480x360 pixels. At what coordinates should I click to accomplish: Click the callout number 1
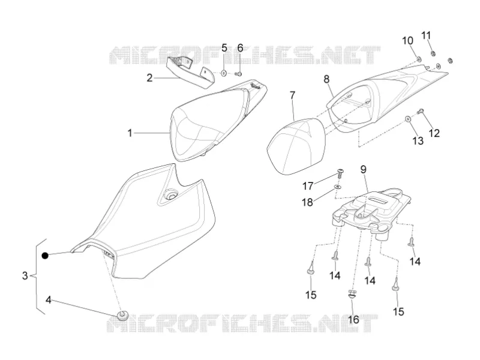click(130, 133)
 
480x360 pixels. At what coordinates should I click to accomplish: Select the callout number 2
click(149, 78)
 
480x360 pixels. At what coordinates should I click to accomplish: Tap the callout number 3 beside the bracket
click(25, 275)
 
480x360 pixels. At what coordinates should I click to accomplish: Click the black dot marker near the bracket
click(46, 256)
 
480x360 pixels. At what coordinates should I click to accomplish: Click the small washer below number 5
click(224, 73)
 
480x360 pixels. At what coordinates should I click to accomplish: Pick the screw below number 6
click(239, 73)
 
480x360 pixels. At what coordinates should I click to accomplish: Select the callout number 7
click(292, 95)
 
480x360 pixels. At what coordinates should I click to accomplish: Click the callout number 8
click(326, 79)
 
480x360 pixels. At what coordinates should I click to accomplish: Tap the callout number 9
click(363, 169)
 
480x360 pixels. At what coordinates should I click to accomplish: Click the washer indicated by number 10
click(418, 58)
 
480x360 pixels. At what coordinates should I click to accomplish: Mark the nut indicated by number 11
click(433, 54)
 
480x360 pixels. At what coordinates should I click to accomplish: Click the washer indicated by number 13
click(408, 119)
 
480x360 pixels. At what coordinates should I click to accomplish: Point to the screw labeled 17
click(340, 173)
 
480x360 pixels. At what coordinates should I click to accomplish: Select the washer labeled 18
click(337, 187)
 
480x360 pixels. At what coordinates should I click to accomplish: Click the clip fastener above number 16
click(353, 295)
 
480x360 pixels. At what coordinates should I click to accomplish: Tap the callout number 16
click(353, 320)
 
